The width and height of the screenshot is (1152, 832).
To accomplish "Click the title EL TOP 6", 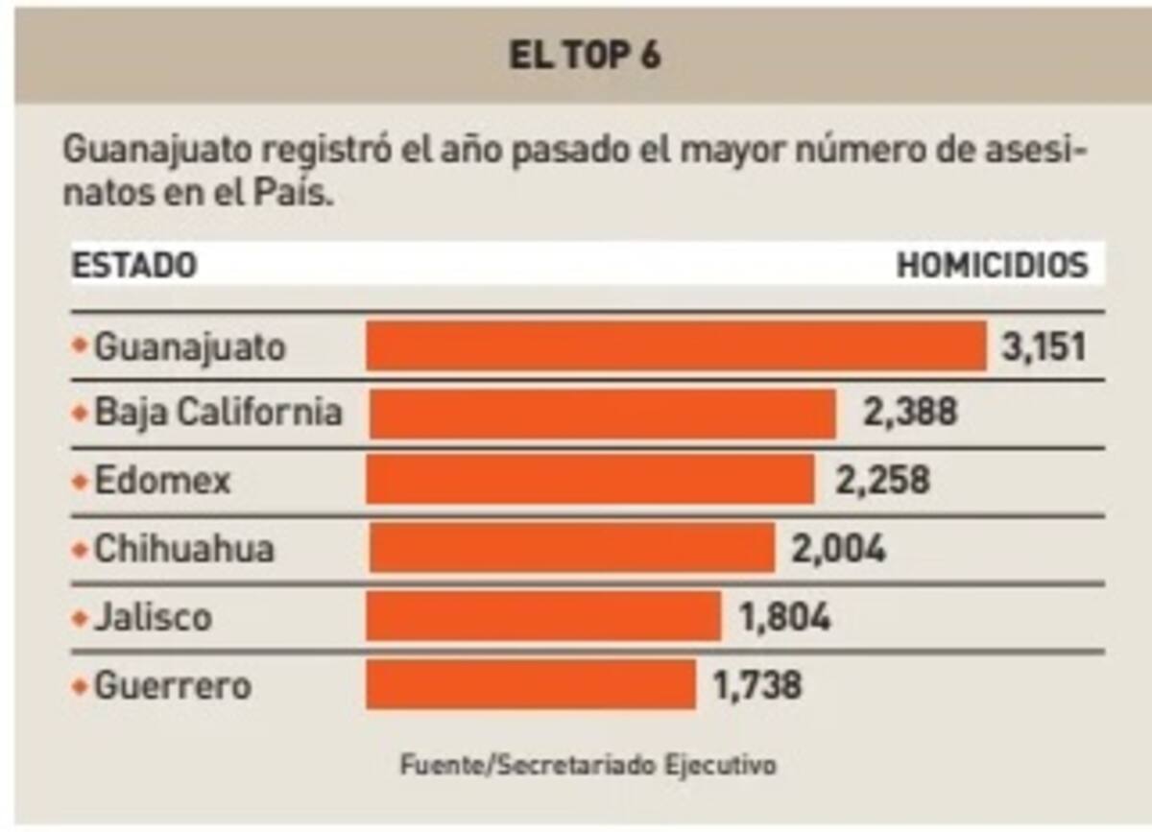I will [x=585, y=57].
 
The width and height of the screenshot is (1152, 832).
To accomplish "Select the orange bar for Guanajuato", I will [x=676, y=346].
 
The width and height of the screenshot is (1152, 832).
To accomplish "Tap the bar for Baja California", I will [x=602, y=414].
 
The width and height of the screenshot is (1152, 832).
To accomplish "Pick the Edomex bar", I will [x=590, y=480].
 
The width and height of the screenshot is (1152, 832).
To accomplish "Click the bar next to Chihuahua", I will [x=571, y=548].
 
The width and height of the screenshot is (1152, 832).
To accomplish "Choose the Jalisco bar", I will [x=543, y=616].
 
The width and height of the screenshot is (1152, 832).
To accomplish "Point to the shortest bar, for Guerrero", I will [x=531, y=684].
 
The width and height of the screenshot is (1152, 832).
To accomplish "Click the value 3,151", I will [x=1044, y=346].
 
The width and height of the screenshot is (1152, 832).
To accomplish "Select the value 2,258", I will [x=882, y=480].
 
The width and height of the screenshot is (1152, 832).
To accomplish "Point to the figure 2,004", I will [x=838, y=549].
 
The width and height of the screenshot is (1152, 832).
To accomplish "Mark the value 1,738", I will [x=756, y=685].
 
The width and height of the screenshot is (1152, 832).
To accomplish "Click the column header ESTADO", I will [x=134, y=266].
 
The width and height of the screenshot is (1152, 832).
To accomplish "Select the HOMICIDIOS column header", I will [x=993, y=266].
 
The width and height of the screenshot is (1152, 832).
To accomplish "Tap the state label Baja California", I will [x=218, y=413].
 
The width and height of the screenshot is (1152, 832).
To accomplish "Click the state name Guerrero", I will [x=173, y=685].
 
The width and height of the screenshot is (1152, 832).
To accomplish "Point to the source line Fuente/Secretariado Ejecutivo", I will [x=588, y=766].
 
